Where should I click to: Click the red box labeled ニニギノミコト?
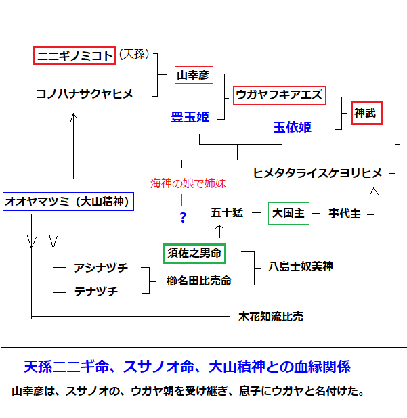pos(74,55)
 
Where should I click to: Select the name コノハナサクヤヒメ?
pos(85,94)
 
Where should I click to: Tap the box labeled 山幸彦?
pos(193,76)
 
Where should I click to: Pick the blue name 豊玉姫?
pos(190,117)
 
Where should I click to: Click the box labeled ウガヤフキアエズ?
pos(279,95)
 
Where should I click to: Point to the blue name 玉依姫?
pos(293,127)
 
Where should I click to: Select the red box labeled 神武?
pos(366,113)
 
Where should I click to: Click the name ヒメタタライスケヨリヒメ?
pos(318,172)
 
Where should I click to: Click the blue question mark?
pos(182,217)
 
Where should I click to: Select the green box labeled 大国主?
pos(288,214)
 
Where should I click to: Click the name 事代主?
pos(344,214)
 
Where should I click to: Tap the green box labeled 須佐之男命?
pos(194,254)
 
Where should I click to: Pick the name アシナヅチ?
pos(100,269)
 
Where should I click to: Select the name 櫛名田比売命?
pos(198,280)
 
